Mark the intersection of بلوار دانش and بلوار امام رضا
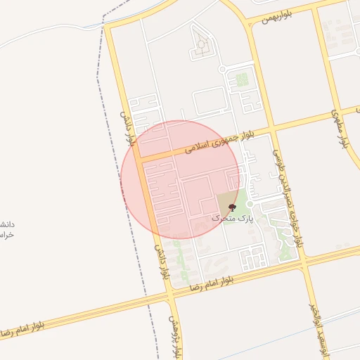[169, 295]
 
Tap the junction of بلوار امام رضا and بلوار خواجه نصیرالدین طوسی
[305, 266]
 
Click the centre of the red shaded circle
[180, 180]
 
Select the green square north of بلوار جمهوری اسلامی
[242, 80]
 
